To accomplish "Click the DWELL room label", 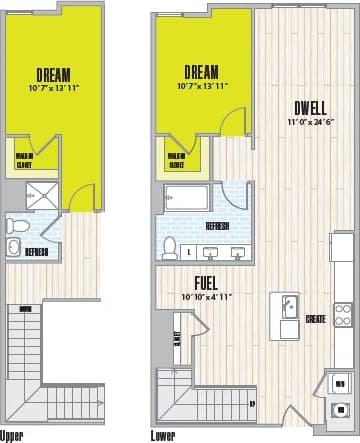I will (x=308, y=108).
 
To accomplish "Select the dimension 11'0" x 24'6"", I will (x=307, y=123).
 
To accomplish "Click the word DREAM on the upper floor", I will (x=52, y=75).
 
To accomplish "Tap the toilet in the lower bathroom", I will (x=170, y=246).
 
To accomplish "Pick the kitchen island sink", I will (x=288, y=306).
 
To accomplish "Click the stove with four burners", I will (x=343, y=314).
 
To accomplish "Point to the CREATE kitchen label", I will (x=315, y=319).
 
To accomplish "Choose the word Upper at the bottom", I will (x=12, y=436).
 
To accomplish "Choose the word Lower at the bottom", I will (x=163, y=436).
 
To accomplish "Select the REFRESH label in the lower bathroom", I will (x=217, y=227).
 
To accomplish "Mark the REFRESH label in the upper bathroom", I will (x=38, y=250).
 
